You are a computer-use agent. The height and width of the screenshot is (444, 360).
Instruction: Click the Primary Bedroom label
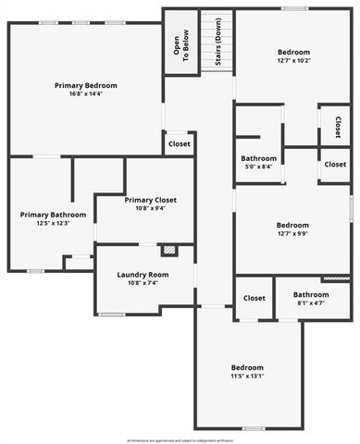pyautogui.click(x=84, y=85)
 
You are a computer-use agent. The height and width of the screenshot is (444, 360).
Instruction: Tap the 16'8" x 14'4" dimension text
pyautogui.click(x=84, y=93)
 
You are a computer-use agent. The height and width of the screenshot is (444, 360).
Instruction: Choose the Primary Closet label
pyautogui.click(x=150, y=200)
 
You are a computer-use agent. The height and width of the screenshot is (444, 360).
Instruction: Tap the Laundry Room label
pyautogui.click(x=143, y=275)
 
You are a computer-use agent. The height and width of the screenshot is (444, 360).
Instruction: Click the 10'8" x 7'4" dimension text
pyautogui.click(x=143, y=283)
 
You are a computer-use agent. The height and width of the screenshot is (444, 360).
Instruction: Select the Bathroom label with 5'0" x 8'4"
pyautogui.click(x=259, y=158)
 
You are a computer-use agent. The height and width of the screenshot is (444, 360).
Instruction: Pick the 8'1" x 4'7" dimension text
pyautogui.click(x=298, y=302)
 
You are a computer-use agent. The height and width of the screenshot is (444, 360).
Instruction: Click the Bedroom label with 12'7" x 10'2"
pyautogui.click(x=293, y=53)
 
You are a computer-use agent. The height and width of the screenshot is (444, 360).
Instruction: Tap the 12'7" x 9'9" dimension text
pyautogui.click(x=293, y=233)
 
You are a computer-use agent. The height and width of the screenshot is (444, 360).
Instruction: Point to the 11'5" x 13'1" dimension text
pyautogui.click(x=247, y=376)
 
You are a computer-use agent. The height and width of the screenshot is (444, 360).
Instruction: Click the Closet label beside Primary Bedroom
pyautogui.click(x=179, y=144)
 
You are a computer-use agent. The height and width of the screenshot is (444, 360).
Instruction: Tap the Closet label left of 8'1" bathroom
pyautogui.click(x=254, y=298)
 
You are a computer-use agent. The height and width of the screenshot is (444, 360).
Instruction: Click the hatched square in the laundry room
pyautogui.click(x=168, y=250)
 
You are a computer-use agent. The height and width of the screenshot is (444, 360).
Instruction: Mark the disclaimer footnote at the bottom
pyautogui.click(x=180, y=439)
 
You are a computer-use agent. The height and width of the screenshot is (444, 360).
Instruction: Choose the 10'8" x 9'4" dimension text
pyautogui.click(x=150, y=208)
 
